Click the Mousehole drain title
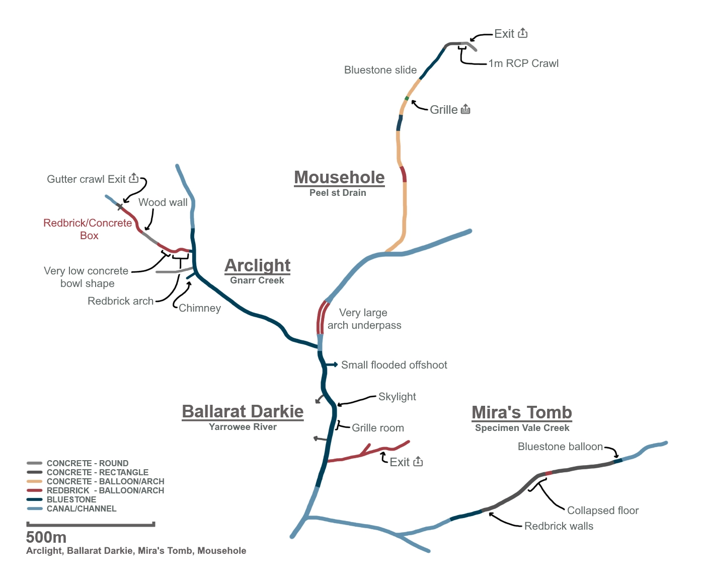tap(339, 178)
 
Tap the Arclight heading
tap(257, 265)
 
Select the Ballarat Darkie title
tap(243, 411)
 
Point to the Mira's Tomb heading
tap(522, 412)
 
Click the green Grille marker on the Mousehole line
tap(407, 98)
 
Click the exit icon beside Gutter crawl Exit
tap(134, 178)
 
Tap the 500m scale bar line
tap(91, 525)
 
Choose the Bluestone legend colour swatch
tap(34, 499)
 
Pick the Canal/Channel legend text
tap(82, 508)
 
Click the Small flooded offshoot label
tap(394, 365)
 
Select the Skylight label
tap(397, 397)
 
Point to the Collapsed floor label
tap(602, 511)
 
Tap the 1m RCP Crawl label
tap(523, 63)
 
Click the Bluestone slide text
tap(380, 70)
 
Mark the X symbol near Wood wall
tap(120, 206)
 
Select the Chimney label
tap(200, 308)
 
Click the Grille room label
tap(377, 428)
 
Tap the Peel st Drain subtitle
tap(338, 193)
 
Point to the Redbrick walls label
tap(559, 526)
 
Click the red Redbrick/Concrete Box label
tap(88, 229)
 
